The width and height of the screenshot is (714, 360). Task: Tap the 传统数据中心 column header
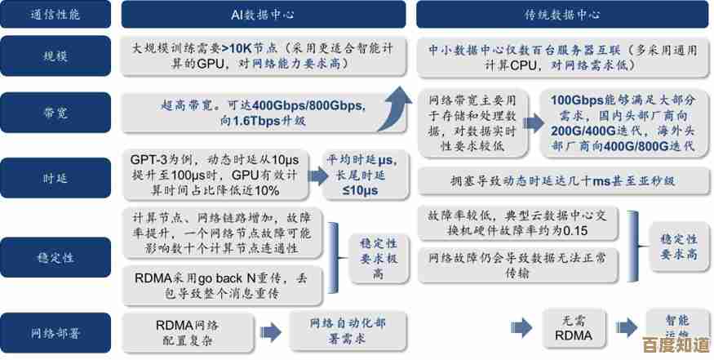point(562,15)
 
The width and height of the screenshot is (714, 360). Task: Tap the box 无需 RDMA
point(568,328)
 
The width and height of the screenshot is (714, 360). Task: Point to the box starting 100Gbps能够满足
point(623,122)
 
